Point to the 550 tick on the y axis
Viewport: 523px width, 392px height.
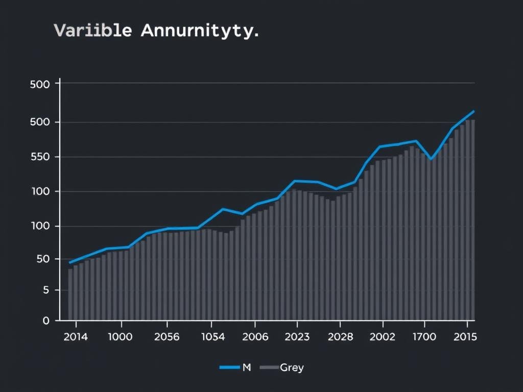click(40, 157)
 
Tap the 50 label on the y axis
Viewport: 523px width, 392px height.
click(42, 259)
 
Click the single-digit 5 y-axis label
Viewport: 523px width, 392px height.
click(45, 290)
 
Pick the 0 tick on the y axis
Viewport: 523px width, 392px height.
click(45, 321)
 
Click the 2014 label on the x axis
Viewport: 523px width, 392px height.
click(76, 337)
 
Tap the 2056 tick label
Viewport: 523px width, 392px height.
click(166, 337)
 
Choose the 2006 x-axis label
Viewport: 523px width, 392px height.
click(254, 337)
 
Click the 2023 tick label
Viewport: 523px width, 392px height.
click(296, 337)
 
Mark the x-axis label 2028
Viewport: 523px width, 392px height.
click(340, 337)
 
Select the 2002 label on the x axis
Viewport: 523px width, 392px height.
click(382, 337)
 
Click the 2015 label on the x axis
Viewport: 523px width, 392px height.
click(465, 337)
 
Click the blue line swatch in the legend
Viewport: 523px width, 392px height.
click(229, 367)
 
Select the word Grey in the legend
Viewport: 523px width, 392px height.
click(292, 367)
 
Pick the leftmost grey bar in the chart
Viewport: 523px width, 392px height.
click(70, 294)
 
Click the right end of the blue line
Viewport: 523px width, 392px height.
click(474, 111)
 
